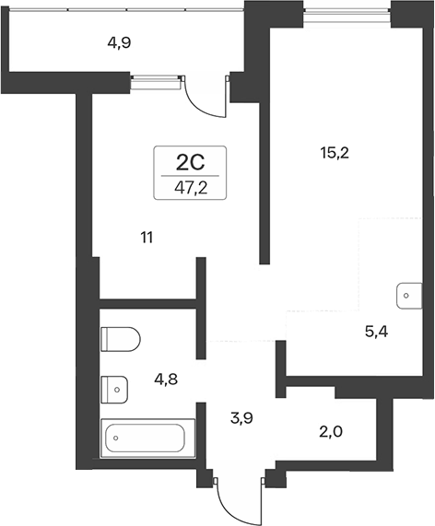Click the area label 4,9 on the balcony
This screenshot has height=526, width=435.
click(118, 41)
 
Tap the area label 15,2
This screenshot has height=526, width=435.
click(333, 154)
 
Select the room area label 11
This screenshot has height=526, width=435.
click(147, 238)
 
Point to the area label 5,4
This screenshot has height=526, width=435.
click(376, 332)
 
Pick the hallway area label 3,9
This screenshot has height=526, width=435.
click(241, 418)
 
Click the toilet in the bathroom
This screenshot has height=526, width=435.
click(120, 340)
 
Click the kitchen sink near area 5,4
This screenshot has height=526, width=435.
click(406, 296)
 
